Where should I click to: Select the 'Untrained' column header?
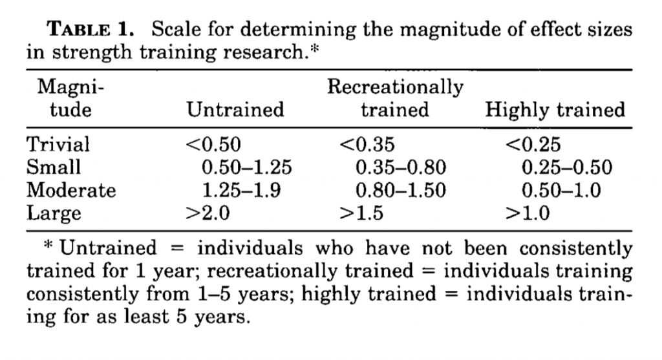(x=235, y=110)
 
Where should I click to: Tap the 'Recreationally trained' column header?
(x=395, y=98)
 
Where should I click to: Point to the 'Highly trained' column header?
(x=555, y=110)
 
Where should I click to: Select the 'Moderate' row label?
(x=71, y=190)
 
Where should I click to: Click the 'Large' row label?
(x=54, y=214)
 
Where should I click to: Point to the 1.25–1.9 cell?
(x=242, y=190)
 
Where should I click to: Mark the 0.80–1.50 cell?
(x=401, y=190)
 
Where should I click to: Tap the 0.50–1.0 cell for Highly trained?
(x=561, y=190)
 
